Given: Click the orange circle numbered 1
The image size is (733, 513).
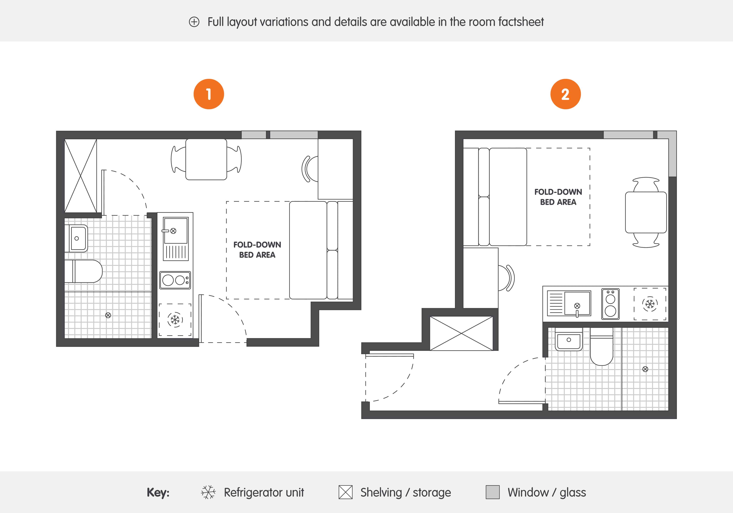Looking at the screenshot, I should [209, 94].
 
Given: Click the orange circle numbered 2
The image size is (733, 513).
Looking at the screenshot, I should [565, 94].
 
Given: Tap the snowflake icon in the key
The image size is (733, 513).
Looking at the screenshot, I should [208, 492].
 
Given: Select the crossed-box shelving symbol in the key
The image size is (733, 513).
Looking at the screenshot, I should [345, 492].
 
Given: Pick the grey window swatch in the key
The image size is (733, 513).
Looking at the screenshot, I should [493, 492].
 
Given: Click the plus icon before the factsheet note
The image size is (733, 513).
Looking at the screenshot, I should [194, 22].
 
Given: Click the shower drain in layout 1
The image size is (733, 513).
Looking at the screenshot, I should [108, 315].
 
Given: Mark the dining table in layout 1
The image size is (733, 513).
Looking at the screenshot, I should [206, 159].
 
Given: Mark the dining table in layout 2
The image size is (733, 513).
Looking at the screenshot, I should [646, 212].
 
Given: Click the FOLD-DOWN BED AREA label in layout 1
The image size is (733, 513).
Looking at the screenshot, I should [257, 250].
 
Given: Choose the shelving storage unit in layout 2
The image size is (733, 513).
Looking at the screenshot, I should [461, 333].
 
